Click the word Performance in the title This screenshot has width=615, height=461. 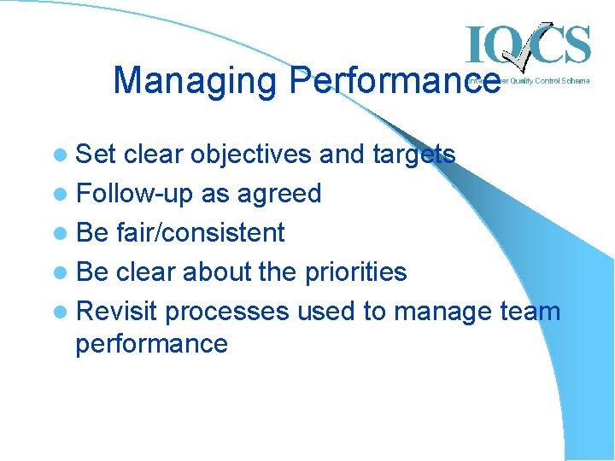[x=395, y=82]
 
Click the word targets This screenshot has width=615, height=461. [x=413, y=155]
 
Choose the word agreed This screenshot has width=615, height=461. [x=278, y=194]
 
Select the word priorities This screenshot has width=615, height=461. [x=353, y=271]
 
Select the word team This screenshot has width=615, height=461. [x=530, y=312]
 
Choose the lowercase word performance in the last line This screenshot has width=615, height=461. [x=151, y=344]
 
